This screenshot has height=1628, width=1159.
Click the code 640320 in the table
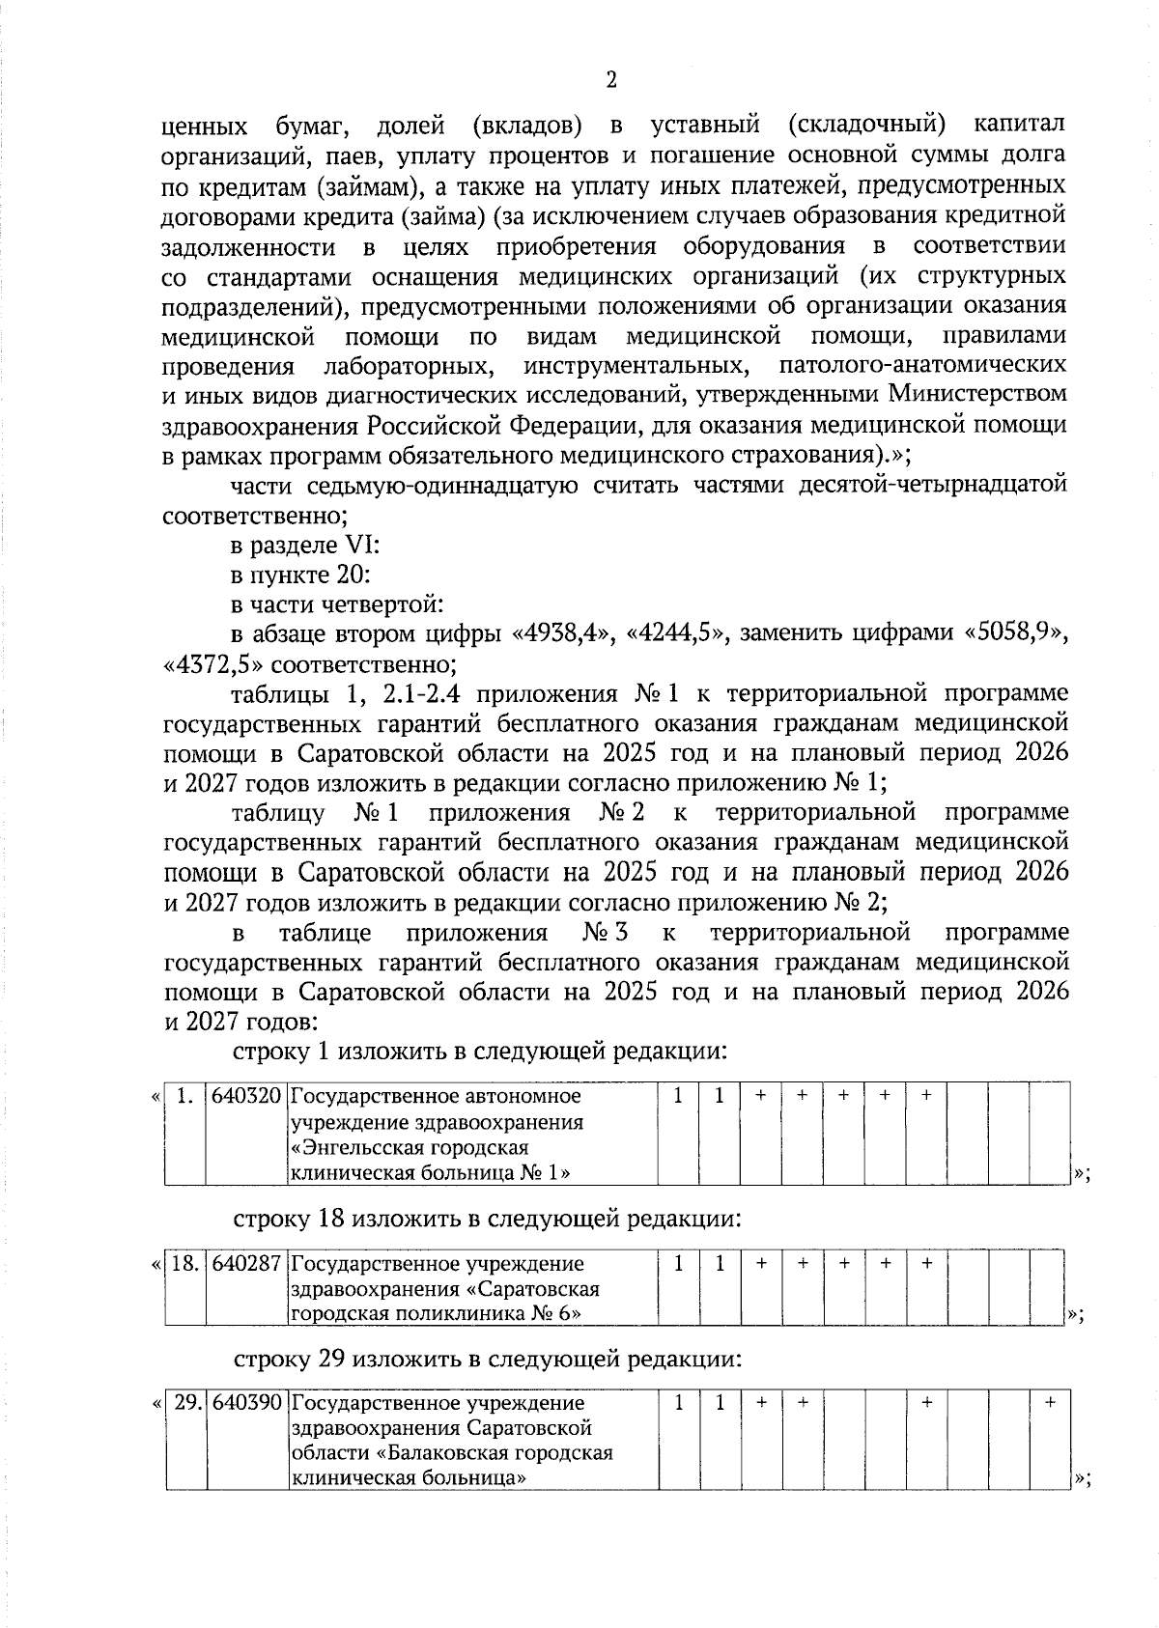pos(246,1097)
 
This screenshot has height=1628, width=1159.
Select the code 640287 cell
pos(246,1263)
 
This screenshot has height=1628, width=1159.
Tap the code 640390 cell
pos(246,1403)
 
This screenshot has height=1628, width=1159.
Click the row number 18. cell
pos(184,1263)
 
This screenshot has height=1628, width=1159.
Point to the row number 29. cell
pos(184,1403)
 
